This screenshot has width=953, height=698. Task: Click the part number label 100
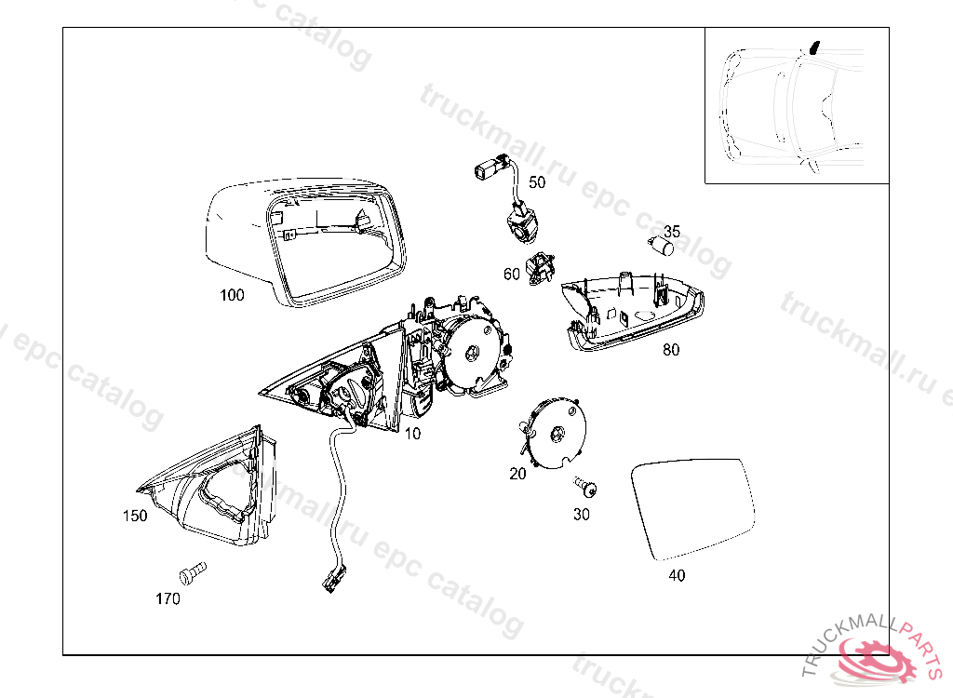232,296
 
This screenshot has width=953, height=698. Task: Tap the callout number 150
135,517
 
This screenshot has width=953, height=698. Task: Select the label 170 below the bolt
168,599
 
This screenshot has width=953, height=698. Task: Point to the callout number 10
412,434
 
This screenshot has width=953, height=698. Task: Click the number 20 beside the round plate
517,474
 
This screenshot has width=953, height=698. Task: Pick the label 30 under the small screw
582,515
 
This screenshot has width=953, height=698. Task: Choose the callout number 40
677,576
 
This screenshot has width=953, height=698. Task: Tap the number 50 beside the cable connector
537,182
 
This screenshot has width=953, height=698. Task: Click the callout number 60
512,275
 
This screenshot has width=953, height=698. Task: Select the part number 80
671,350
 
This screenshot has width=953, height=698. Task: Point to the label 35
672,232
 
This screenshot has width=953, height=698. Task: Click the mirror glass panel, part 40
692,509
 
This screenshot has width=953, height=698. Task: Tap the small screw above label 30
586,487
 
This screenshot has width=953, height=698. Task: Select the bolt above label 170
193,572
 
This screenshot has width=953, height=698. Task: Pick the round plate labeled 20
553,433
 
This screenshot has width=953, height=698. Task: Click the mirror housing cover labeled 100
304,242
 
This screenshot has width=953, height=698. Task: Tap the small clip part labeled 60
540,269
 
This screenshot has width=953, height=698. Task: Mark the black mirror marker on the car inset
814,47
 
